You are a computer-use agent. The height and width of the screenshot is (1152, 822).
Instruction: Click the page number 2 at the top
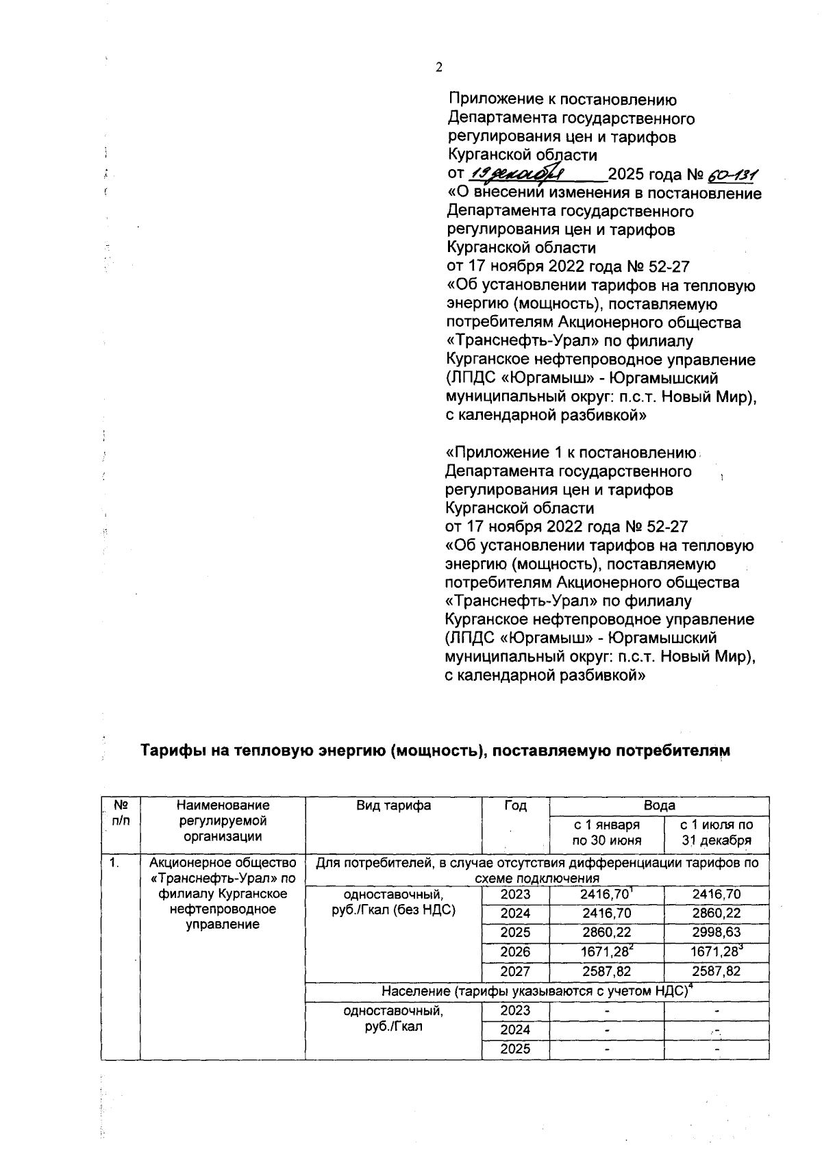[439, 67]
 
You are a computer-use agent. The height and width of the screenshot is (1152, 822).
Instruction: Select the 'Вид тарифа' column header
[393, 805]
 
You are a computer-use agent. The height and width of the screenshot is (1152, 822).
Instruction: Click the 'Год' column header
[515, 805]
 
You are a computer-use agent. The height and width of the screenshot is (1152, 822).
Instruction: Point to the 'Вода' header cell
[659, 805]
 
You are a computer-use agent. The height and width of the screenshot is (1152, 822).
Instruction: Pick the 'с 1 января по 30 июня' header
[606, 833]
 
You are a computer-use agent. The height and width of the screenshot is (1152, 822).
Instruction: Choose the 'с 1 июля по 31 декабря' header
[716, 833]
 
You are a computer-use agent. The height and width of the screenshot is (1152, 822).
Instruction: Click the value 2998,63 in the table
[716, 932]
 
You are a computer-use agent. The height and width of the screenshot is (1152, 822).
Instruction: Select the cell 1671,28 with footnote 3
[716, 951]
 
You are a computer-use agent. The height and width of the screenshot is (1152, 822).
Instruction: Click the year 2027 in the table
[515, 971]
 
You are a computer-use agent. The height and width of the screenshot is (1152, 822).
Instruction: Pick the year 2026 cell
[515, 951]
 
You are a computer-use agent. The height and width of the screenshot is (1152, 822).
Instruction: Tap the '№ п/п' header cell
[121, 813]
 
